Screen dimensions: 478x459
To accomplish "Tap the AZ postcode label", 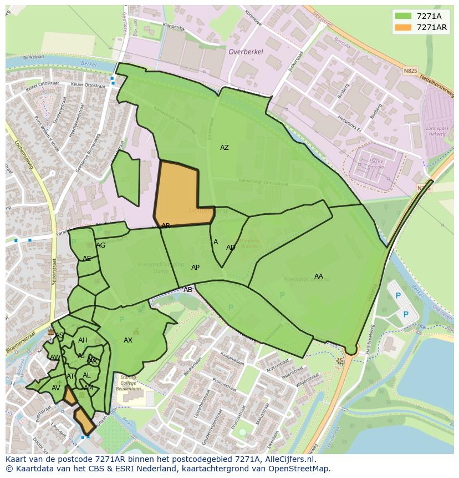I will click(224, 148).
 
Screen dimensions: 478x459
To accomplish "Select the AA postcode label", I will click(318, 276).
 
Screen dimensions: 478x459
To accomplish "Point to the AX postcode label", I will click(128, 340).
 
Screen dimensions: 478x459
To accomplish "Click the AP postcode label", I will click(195, 268).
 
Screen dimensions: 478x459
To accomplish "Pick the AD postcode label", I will click(231, 248).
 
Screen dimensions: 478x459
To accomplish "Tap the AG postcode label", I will click(100, 245).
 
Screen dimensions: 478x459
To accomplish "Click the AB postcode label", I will click(188, 290).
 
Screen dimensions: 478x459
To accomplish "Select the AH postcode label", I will click(83, 340).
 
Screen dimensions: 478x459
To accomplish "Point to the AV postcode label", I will click(55, 388).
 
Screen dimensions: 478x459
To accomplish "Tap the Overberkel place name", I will click(246, 52).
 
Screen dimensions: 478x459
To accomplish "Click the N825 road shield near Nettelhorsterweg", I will click(410, 71).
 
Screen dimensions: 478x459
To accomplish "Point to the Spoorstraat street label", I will click(54, 271).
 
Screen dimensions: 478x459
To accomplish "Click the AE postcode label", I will click(86, 259).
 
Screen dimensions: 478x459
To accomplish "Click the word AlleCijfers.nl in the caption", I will click(288, 460).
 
